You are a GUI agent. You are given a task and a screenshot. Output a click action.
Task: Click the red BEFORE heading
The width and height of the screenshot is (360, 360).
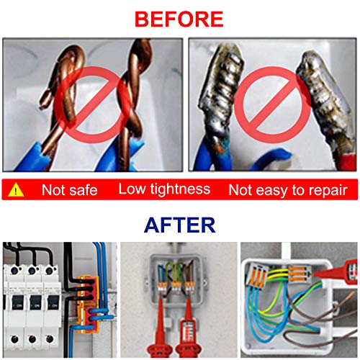click(179, 19)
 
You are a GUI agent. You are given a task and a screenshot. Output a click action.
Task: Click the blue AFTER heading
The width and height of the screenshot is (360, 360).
click(180, 225)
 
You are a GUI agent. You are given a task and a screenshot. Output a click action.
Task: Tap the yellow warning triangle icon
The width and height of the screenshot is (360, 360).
click(16, 190)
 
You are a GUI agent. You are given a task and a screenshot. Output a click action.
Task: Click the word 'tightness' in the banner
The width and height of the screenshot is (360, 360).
click(180, 189)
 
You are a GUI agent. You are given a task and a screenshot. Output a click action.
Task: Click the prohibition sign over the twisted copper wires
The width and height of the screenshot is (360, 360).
click(93, 104)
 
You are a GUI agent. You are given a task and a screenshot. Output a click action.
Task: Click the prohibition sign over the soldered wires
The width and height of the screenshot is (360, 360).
click(273, 105)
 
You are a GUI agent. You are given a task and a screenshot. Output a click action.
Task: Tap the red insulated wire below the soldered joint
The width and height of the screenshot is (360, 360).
click(346, 161)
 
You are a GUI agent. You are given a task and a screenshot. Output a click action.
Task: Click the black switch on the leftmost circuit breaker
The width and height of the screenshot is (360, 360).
click(18, 303)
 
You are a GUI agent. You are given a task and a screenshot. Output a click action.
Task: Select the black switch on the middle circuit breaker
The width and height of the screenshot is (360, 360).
click(36, 303)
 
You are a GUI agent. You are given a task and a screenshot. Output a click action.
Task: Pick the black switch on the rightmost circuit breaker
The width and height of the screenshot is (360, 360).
click(53, 303)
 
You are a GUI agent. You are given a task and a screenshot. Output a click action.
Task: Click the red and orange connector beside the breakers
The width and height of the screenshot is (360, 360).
click(88, 305)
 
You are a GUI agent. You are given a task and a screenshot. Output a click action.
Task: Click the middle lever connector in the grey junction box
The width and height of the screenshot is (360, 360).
click(176, 287)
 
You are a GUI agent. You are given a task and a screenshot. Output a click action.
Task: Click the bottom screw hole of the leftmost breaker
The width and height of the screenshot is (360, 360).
click(15, 339)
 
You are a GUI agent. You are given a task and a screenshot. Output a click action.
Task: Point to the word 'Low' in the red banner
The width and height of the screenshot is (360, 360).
click(132, 189)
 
